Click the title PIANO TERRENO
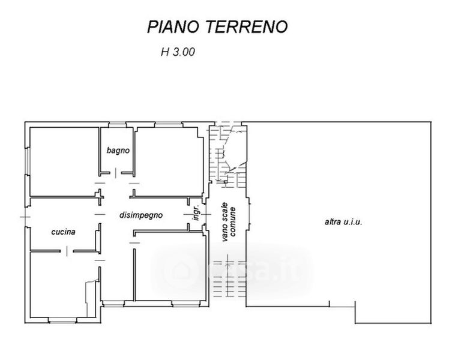click(x=217, y=26)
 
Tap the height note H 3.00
click(x=178, y=52)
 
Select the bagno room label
click(x=118, y=151)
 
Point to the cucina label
click(x=63, y=232)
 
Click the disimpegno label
click(x=141, y=215)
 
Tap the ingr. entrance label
click(x=196, y=212)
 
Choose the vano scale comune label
click(x=229, y=222)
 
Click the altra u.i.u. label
click(x=343, y=222)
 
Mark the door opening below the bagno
click(x=115, y=173)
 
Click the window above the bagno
click(x=117, y=125)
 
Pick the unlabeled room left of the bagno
click(x=64, y=161)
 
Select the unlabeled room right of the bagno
click(x=169, y=161)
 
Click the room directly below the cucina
click(x=64, y=284)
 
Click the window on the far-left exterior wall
click(x=27, y=161)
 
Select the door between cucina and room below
click(x=67, y=251)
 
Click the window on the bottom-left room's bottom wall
click(x=62, y=320)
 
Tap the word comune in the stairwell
click(x=232, y=222)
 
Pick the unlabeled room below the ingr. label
click(x=170, y=268)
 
